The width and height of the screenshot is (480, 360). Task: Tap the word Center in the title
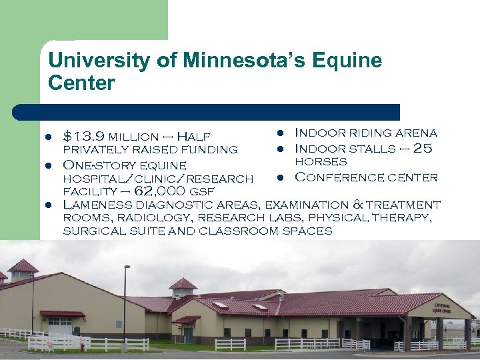(x=81, y=84)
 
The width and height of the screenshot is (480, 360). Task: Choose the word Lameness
(x=100, y=205)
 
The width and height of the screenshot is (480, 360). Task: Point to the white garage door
(x=60, y=326)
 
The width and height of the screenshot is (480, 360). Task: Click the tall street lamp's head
(x=126, y=267)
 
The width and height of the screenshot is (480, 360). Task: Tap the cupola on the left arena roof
(x=22, y=268)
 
